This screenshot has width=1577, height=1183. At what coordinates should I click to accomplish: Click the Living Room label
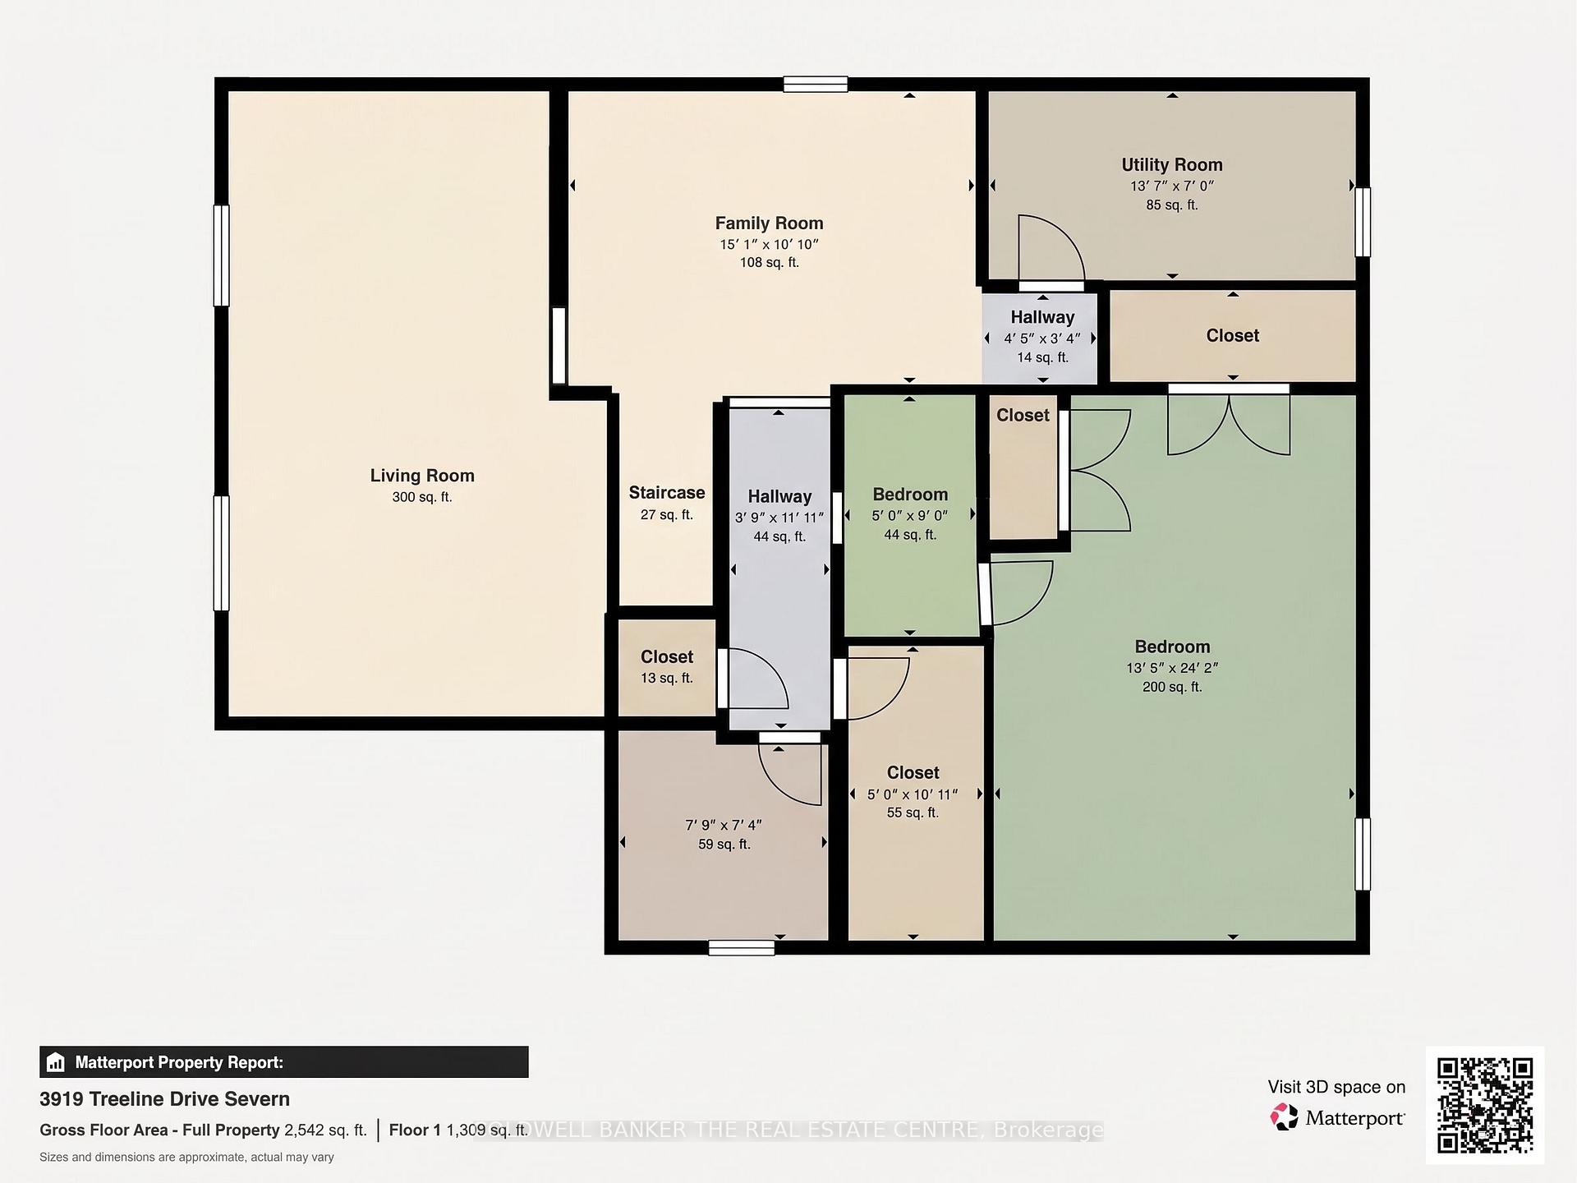coord(422,476)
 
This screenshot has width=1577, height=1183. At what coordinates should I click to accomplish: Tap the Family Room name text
coord(769,223)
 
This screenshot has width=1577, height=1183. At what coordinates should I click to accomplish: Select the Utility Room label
coord(1172,165)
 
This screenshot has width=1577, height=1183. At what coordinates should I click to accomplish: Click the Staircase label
coord(667,493)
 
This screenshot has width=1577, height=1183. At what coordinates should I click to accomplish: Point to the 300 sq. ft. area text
coord(422,497)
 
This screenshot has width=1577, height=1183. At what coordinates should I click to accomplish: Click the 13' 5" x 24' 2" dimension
coord(1172,668)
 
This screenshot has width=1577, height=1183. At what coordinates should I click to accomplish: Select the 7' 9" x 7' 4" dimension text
coord(724,825)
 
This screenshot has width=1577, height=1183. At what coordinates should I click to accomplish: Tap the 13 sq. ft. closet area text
coord(667,678)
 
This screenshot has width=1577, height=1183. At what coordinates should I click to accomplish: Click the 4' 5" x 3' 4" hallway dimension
coord(1042,338)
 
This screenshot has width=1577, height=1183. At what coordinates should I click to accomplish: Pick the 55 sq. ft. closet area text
coord(913,812)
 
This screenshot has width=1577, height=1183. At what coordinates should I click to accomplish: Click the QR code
coord(1485,1105)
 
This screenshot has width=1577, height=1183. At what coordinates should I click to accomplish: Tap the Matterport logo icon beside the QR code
coord(1283,1117)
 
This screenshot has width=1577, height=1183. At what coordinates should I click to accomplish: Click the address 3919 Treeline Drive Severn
coord(164,1099)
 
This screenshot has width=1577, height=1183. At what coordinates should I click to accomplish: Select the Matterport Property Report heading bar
coord(284,1062)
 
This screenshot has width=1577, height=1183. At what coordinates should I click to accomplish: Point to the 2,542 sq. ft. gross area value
coord(325,1130)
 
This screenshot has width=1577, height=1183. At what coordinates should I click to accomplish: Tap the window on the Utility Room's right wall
coord(1363,222)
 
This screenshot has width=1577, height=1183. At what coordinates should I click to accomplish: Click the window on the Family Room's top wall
coord(815,84)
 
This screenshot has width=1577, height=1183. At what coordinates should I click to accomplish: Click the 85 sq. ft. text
coord(1172,205)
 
